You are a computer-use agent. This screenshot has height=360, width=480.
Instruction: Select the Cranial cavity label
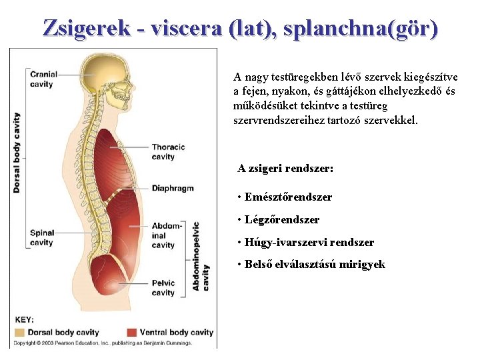pyautogui.click(x=41, y=79)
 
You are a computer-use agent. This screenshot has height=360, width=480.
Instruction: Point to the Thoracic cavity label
pyautogui.click(x=167, y=152)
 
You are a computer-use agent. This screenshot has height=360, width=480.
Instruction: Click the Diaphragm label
pyautogui.click(x=172, y=188)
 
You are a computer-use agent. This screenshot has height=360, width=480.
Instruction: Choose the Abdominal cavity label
pyautogui.click(x=166, y=235)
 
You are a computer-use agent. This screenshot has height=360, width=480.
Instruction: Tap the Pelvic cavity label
pyautogui.click(x=163, y=287)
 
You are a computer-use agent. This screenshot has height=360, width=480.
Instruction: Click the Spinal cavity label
pyautogui.click(x=41, y=238)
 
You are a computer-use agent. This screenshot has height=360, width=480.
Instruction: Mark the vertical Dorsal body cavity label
pyautogui.click(x=17, y=153)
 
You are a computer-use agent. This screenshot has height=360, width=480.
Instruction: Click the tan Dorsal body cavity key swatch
pyautogui.click(x=20, y=332)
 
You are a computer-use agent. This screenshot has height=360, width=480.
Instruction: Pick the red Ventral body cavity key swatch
pyautogui.click(x=131, y=332)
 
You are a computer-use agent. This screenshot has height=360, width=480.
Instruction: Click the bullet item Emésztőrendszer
pyautogui.click(x=288, y=197)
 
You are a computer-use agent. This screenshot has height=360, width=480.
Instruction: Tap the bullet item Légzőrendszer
pyautogui.click(x=282, y=219)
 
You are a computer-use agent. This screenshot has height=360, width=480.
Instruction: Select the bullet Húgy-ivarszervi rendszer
pyautogui.click(x=309, y=243)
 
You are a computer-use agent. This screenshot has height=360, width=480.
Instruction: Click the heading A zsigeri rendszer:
pyautogui.click(x=285, y=169)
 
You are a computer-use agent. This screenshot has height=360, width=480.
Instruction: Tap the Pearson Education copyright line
pyautogui.click(x=103, y=343)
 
